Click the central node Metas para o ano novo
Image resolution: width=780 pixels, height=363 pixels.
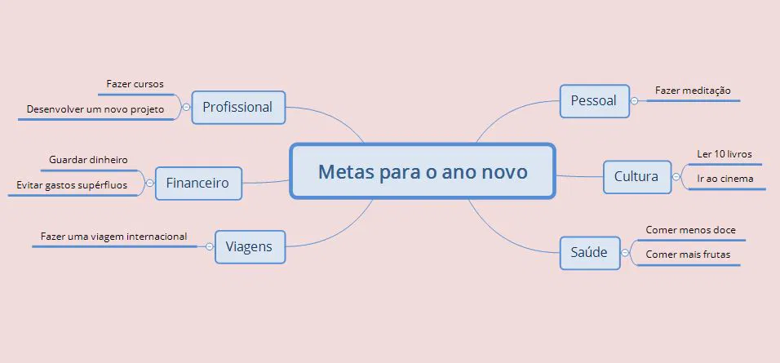423,172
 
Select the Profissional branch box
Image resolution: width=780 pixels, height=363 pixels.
237,107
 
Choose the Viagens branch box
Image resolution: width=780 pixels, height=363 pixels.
250,246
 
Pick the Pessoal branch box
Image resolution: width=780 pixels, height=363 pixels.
594,101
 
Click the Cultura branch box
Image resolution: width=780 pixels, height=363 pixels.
636,176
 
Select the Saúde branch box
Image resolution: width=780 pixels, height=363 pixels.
589,252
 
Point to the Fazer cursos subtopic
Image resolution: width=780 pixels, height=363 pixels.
135,84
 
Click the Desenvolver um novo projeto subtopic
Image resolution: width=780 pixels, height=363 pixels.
95,108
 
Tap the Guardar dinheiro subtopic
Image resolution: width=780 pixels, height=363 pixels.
88,160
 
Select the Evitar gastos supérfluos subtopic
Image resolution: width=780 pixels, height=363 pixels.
72,185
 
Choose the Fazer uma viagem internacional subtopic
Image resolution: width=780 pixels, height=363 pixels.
113,237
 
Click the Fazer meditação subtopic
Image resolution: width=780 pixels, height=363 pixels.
693,91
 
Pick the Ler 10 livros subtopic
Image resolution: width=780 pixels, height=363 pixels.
725,153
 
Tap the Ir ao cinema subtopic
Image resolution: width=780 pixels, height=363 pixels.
725,179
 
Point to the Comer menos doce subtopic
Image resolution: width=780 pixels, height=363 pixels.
690,230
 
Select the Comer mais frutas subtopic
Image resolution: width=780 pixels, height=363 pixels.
688,255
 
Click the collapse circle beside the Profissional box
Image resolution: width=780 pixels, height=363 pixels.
186,107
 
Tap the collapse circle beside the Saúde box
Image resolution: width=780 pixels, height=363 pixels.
626,253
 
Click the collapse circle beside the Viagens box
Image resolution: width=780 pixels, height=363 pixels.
210,246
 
